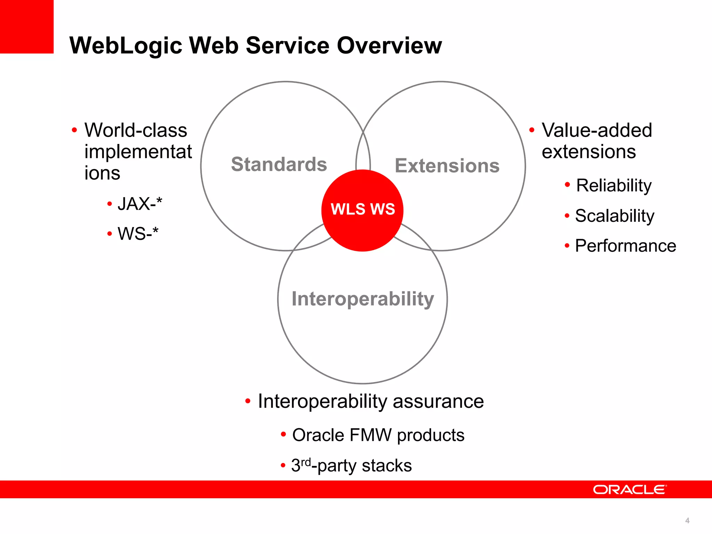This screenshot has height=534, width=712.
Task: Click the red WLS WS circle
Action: [x=362, y=210]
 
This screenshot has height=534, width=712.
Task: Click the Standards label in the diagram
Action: [x=279, y=164]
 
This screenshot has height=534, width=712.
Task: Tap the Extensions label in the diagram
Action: [x=447, y=165]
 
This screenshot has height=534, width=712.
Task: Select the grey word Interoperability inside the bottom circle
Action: [x=363, y=299]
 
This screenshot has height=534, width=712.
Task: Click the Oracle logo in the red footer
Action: [x=630, y=489]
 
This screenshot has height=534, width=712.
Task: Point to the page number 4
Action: [x=687, y=520]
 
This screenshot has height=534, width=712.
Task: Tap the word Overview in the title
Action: [x=389, y=46]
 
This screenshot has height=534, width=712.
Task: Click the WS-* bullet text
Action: [x=138, y=234]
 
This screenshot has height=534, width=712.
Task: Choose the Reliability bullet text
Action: [x=614, y=185]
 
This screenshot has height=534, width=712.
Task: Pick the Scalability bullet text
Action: [x=615, y=216]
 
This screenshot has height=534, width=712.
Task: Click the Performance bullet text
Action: [x=625, y=246]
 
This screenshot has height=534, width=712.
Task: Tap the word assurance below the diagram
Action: [x=438, y=402]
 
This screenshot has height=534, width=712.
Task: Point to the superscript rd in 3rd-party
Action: [x=306, y=462]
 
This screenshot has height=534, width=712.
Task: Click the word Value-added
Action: [x=597, y=130]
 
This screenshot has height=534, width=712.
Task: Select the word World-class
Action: [x=136, y=130]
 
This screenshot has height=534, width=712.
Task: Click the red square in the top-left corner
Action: [x=26, y=26]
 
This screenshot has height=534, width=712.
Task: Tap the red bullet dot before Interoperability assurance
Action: [x=248, y=402]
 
